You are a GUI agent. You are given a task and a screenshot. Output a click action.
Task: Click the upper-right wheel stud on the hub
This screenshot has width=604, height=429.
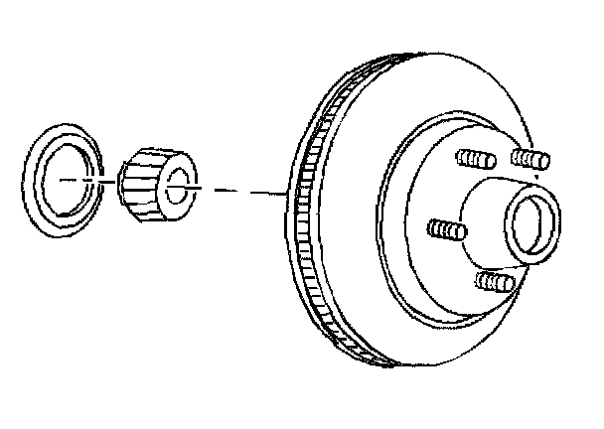click(529, 157)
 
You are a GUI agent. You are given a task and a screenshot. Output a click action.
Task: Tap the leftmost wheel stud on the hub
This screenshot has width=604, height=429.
click(446, 229)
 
